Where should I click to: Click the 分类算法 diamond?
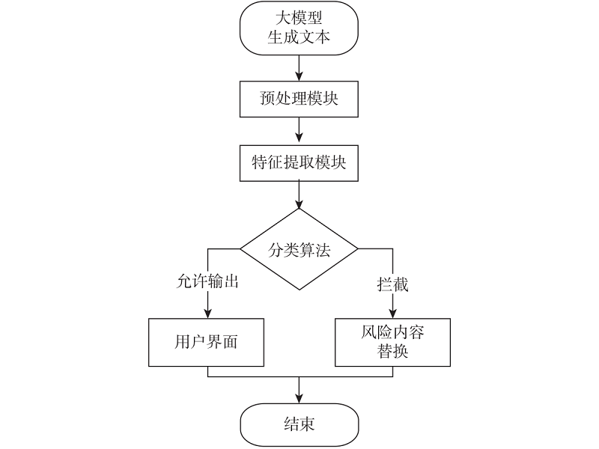[x=299, y=248]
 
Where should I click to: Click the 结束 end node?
[x=299, y=424]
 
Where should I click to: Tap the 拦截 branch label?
[x=392, y=285]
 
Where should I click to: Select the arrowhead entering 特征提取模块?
[x=299, y=139]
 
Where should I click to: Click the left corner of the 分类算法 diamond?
[x=240, y=248]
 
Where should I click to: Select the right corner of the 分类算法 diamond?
[x=359, y=248]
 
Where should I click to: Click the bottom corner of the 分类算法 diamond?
[x=299, y=290]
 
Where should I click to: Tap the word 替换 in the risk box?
[x=392, y=352]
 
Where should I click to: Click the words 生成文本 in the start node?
[x=299, y=38]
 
